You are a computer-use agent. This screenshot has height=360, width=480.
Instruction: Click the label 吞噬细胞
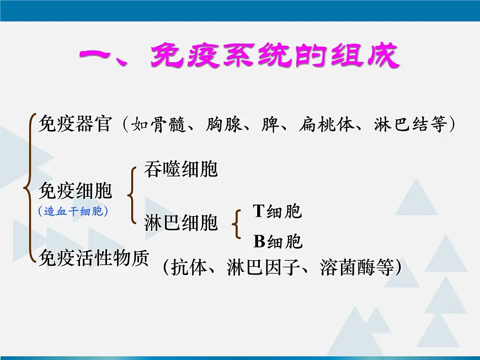(181, 170)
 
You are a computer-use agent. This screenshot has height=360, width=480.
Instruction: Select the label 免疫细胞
(75, 191)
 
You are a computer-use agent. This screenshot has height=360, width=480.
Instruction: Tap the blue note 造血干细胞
(73, 211)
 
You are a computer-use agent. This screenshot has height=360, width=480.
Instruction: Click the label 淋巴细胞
(181, 223)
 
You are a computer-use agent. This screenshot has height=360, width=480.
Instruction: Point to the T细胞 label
(278, 211)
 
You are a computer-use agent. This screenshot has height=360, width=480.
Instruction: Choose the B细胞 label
(278, 241)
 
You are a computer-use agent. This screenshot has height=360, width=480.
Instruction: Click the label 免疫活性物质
(94, 257)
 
